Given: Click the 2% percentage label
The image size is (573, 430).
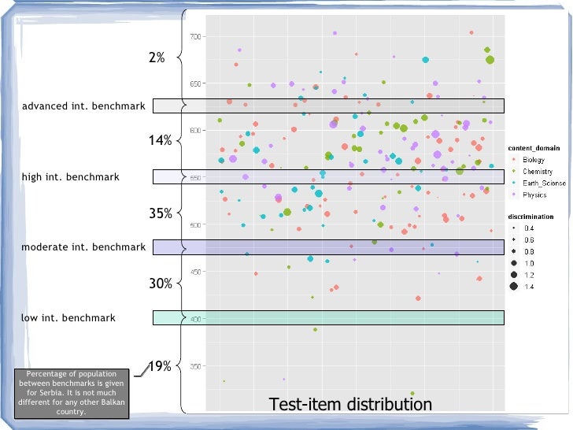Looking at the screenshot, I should (x=157, y=57).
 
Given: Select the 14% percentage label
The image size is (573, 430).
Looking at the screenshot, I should (x=161, y=140).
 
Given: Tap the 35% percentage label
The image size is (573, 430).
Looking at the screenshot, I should (x=161, y=213).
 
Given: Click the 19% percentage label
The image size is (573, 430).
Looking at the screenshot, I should (x=161, y=366).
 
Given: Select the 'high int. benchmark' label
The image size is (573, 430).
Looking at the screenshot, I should (x=70, y=177).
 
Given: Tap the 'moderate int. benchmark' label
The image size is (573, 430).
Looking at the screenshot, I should (x=83, y=247).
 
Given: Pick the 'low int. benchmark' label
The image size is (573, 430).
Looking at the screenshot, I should (x=68, y=318).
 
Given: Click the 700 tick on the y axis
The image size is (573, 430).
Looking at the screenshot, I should (x=196, y=37).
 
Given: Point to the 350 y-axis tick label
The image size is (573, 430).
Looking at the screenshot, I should (x=196, y=366).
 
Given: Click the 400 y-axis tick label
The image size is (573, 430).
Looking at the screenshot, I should (x=196, y=319).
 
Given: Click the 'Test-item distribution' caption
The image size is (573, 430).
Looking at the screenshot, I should (x=350, y=405).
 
